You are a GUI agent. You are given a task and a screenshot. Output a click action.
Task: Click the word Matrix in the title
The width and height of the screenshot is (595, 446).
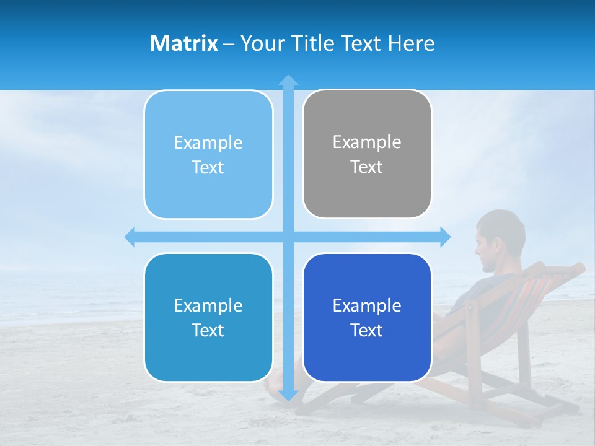(184, 43)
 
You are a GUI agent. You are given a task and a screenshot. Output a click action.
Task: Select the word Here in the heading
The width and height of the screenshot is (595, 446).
(412, 43)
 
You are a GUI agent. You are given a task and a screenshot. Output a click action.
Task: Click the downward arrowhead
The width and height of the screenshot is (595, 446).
(288, 395)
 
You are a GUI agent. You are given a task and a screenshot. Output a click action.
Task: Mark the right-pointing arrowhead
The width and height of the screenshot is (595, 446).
(445, 237)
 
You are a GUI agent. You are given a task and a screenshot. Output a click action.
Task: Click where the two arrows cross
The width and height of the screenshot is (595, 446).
(288, 237)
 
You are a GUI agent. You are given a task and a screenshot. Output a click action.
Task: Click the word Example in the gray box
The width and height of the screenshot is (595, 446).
(367, 142)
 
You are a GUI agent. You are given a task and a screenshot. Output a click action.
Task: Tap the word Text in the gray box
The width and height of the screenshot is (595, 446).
(367, 167)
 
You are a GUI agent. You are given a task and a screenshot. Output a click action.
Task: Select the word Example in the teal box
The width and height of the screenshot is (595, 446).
(208, 305)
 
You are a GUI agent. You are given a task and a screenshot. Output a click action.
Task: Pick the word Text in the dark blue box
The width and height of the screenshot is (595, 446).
(367, 330)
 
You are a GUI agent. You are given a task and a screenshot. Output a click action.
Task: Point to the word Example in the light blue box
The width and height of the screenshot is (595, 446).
(208, 143)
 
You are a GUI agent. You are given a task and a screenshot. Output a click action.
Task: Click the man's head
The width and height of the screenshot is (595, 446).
(499, 238)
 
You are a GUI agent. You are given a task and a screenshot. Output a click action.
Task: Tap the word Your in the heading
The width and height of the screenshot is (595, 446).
(261, 43)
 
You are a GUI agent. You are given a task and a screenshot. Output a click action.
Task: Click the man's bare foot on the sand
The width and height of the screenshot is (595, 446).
(273, 387)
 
